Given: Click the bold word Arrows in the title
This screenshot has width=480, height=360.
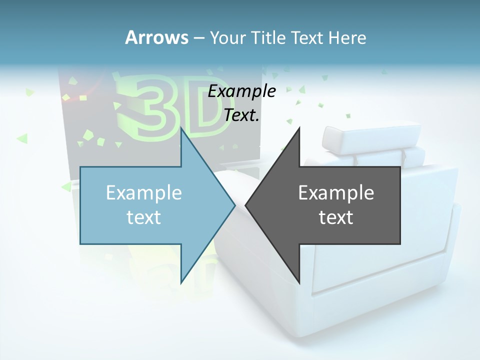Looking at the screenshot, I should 156,37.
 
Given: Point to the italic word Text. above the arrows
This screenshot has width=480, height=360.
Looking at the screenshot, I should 242,115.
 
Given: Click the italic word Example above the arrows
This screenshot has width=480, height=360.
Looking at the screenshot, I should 242,91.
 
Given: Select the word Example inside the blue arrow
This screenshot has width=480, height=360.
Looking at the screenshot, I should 144,192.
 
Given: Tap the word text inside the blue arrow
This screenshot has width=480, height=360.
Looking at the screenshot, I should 144,217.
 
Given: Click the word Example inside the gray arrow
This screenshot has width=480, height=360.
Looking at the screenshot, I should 336,192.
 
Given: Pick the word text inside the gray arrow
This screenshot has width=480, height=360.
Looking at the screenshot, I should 336,217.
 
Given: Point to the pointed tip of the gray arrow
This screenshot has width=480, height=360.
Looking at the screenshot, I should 246,205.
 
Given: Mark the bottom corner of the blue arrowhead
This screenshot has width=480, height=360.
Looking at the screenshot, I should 181,282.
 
